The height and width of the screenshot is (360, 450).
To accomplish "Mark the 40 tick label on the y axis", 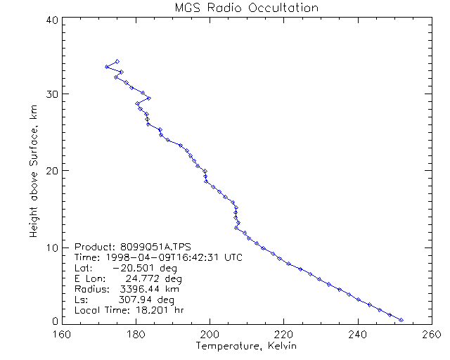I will pos(51,20).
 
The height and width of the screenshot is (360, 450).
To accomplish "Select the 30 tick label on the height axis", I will pos(51,94).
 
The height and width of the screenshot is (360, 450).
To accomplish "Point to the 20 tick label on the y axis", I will pos(51,170).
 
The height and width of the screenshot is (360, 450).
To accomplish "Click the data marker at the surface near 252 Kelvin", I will pos(401,320).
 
